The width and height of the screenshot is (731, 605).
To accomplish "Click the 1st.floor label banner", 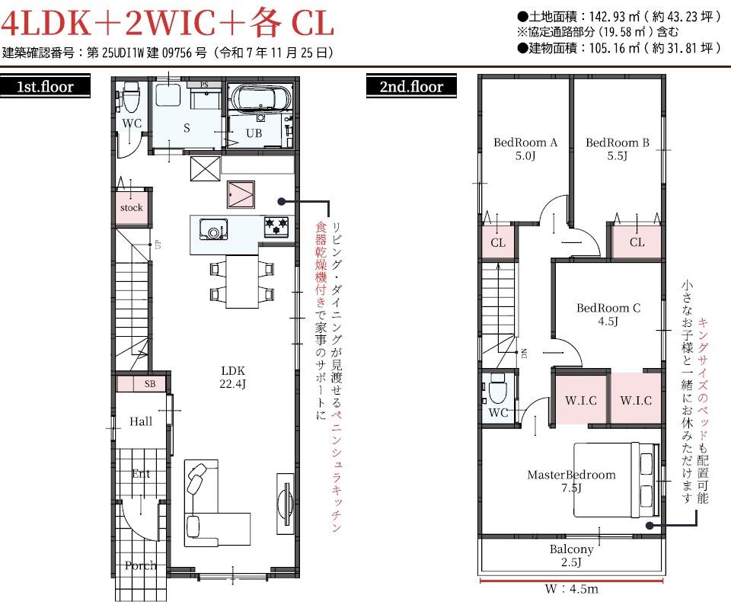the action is (45, 86).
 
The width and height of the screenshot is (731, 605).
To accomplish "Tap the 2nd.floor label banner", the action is (411, 86).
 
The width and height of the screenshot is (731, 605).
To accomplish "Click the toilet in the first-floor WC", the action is (130, 97).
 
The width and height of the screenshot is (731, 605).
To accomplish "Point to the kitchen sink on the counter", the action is (213, 229).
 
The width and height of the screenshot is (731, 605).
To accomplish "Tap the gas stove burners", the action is (276, 227).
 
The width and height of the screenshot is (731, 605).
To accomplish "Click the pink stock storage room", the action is (132, 207).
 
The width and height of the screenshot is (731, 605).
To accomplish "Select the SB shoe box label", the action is (150, 384).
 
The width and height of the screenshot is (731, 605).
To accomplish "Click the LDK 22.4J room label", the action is (233, 377).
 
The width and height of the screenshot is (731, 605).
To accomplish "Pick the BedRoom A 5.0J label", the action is (525, 149).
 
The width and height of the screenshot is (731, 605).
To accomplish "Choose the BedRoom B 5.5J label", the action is (618, 149).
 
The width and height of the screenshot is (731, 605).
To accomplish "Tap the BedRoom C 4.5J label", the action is (608, 315).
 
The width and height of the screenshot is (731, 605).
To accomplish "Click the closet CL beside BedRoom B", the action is (637, 242).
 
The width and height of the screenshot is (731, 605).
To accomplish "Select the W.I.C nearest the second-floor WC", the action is (581, 400).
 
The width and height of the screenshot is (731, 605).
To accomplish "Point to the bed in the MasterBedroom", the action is (616, 479).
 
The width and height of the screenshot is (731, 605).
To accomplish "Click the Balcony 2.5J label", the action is (571, 555).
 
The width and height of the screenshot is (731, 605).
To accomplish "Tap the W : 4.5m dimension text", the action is (571, 589).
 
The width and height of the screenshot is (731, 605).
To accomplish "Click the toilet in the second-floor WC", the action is (497, 389).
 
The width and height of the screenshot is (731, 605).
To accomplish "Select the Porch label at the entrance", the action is (140, 565).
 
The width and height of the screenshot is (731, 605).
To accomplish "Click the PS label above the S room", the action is (204, 85).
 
